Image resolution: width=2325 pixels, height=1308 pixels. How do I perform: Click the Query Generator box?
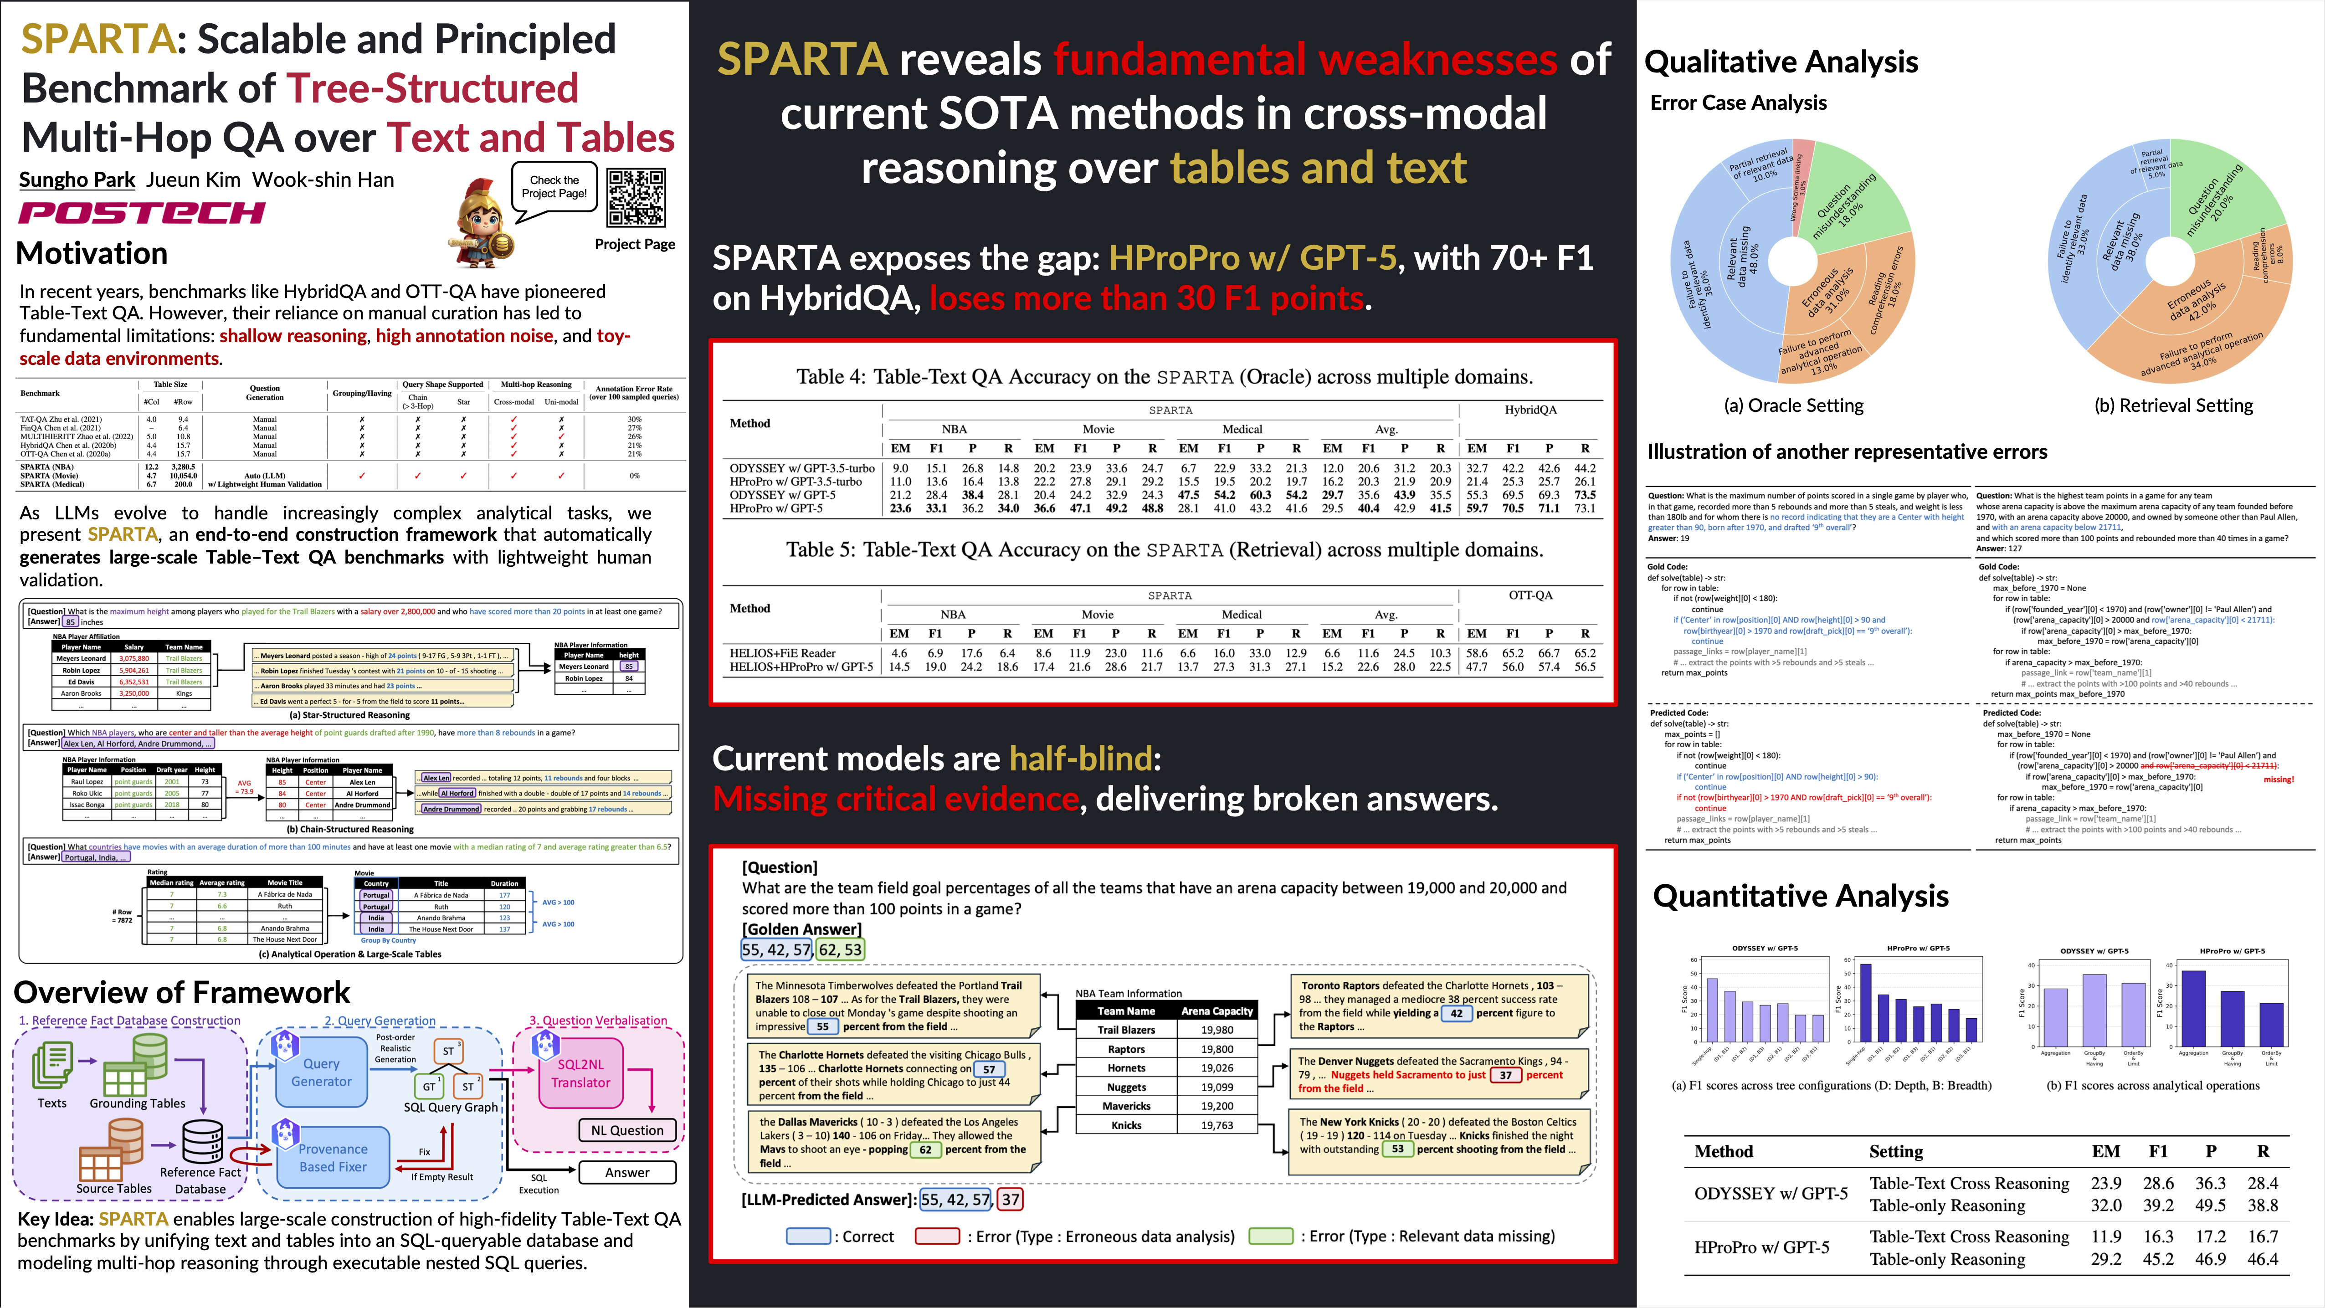tap(321, 1072)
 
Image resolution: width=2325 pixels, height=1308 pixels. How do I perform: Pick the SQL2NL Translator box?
tap(580, 1073)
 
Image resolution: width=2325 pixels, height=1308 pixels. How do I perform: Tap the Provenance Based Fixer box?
tap(333, 1157)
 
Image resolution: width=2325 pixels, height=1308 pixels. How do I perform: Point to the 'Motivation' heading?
tap(92, 254)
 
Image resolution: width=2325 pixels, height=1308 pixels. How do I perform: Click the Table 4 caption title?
tap(1164, 376)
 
